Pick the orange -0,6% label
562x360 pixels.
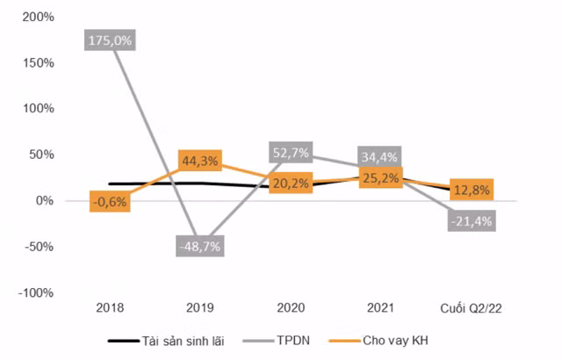click(x=110, y=201)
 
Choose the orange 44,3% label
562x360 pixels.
click(x=199, y=160)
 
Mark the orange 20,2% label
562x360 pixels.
click(x=290, y=183)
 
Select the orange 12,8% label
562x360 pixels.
click(x=471, y=188)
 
